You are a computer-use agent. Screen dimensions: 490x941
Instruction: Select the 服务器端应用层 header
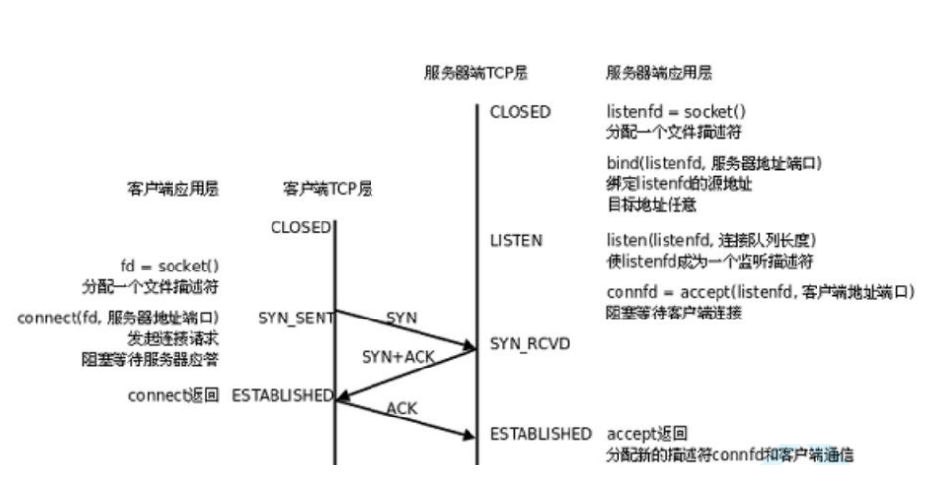tap(659, 74)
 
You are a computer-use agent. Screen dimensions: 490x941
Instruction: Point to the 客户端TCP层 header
tap(327, 189)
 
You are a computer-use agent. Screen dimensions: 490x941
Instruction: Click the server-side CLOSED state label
tap(520, 112)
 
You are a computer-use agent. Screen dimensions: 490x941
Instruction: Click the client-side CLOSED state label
tap(301, 227)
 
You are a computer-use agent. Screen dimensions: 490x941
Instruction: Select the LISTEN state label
tap(517, 241)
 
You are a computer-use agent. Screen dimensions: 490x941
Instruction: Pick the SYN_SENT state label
tap(295, 318)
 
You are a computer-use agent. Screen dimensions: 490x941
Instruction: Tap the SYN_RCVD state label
tap(529, 344)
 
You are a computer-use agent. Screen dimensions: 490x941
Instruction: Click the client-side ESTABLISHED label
tap(282, 395)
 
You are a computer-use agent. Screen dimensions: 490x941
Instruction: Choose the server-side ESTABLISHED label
tap(541, 433)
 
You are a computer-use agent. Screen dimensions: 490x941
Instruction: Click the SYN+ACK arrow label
tap(397, 358)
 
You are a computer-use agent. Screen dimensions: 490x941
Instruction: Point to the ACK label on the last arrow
tap(402, 407)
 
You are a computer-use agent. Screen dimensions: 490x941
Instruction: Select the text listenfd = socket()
tap(676, 112)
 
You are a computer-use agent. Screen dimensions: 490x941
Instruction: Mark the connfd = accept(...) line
tap(761, 292)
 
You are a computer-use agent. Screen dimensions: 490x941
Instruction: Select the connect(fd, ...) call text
tap(118, 318)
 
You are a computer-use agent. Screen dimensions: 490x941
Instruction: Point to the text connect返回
tap(173, 395)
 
